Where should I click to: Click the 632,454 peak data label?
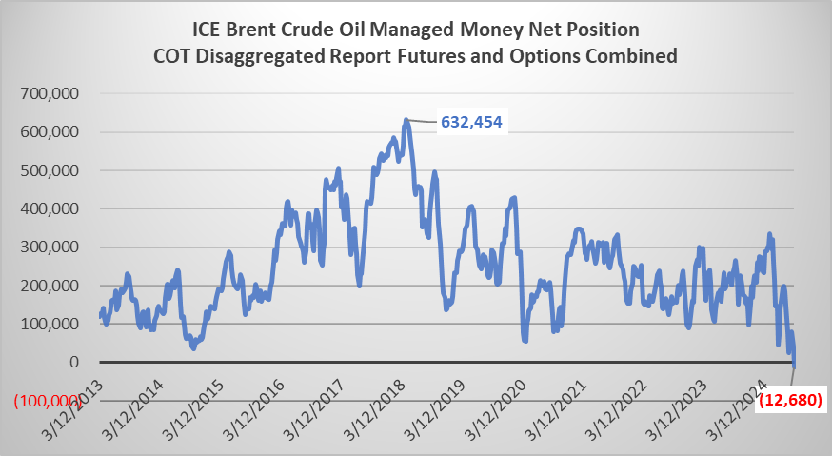[x=470, y=122]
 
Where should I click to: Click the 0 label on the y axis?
[x=72, y=362]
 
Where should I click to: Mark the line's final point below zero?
[x=795, y=367]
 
